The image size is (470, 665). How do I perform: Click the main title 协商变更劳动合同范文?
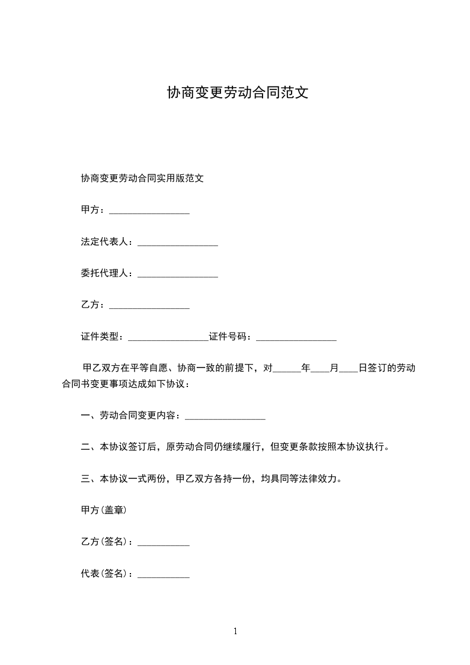(x=237, y=93)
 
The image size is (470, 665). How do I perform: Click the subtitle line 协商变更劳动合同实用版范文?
(x=142, y=178)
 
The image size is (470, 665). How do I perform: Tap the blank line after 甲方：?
(x=149, y=211)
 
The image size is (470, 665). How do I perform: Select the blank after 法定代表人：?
(x=178, y=243)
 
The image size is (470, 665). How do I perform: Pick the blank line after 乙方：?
(x=149, y=306)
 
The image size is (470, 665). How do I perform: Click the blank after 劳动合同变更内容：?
(x=225, y=417)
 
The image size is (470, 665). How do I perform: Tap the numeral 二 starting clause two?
(x=85, y=447)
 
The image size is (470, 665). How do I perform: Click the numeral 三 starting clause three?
(x=85, y=478)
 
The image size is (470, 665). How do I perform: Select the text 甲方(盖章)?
(x=104, y=510)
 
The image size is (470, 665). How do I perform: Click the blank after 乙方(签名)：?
(x=164, y=543)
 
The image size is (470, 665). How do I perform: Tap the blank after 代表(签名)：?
(x=164, y=575)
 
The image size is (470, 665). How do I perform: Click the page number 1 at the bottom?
(x=235, y=631)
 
